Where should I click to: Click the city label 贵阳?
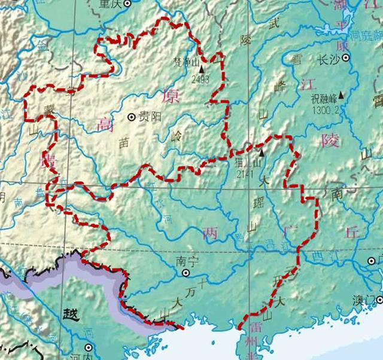pos(150,117)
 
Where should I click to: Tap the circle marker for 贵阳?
pos(132,117)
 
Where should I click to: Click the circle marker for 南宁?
pos(186,272)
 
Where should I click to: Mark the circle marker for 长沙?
pos(345,59)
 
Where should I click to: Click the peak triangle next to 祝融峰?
pos(342,94)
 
